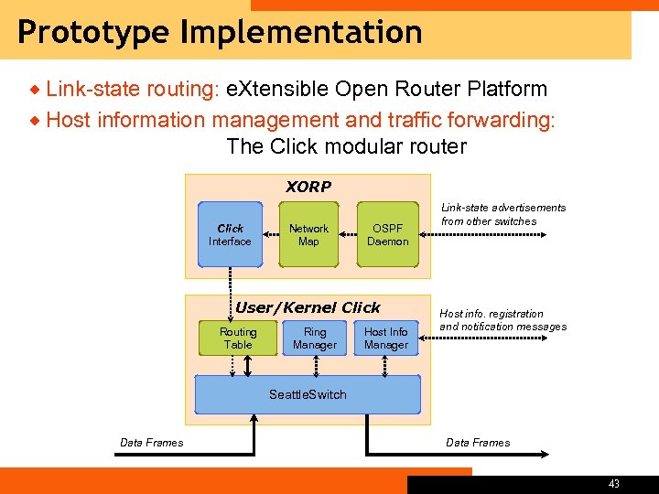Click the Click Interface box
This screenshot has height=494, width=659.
click(230, 235)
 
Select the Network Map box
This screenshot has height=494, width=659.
click(308, 235)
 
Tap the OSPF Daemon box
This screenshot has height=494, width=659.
click(387, 235)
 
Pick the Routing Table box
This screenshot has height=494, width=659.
click(238, 338)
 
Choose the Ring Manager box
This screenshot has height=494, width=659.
click(315, 338)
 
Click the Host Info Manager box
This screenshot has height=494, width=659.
click(386, 338)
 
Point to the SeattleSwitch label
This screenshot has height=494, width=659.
click(308, 394)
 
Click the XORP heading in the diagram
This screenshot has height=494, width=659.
click(308, 187)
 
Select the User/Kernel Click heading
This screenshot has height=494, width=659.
click(308, 307)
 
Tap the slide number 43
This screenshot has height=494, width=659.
click(613, 484)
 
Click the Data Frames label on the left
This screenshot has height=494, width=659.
click(152, 443)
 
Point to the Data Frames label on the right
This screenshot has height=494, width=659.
click(478, 443)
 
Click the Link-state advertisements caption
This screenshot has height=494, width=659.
click(503, 214)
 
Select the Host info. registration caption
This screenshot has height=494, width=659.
click(502, 320)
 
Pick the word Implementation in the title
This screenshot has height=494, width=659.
click(301, 32)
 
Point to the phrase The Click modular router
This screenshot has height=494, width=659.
click(346, 146)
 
